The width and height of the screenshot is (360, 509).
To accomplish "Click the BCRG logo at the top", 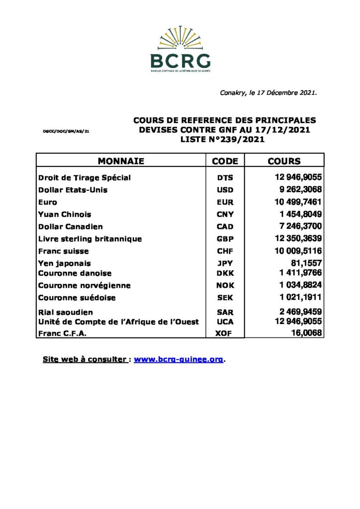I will click(x=180, y=50).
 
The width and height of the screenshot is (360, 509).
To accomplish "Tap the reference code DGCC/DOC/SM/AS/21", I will click(x=66, y=131).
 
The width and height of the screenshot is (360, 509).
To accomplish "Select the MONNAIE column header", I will click(x=121, y=161).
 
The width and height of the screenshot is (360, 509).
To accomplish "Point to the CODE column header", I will click(x=225, y=161).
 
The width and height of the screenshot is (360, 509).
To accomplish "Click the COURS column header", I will click(x=284, y=161).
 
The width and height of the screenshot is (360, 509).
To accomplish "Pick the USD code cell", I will click(x=225, y=190).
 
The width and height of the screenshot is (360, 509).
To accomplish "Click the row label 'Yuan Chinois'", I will click(x=65, y=214).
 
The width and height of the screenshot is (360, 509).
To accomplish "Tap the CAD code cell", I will click(x=225, y=227).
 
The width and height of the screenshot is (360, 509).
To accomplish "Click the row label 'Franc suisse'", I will click(x=64, y=251).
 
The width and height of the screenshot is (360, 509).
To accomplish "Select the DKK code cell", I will click(x=225, y=273).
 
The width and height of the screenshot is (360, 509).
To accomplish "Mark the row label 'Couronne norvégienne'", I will click(x=85, y=285).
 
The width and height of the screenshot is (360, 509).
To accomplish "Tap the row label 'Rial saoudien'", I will click(x=65, y=312).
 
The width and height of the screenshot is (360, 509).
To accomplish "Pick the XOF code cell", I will click(x=225, y=334).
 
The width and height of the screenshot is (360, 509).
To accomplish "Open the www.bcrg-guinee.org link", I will click(x=178, y=359).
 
